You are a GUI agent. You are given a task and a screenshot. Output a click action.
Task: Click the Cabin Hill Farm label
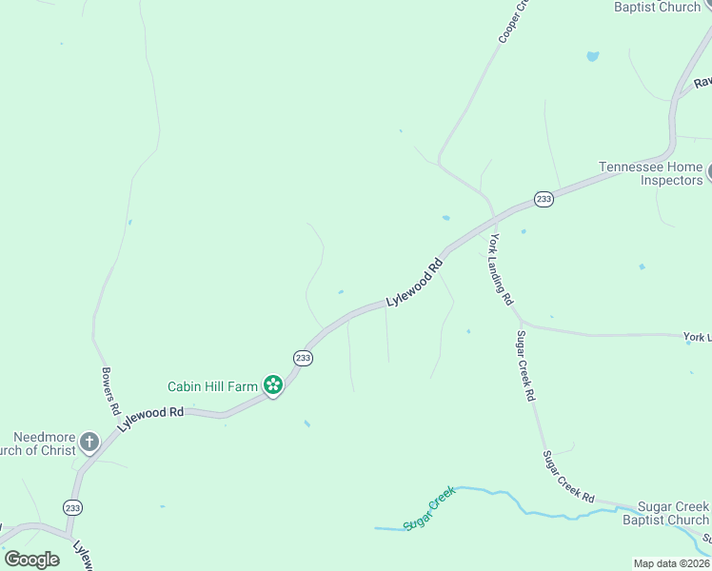click(x=212, y=386)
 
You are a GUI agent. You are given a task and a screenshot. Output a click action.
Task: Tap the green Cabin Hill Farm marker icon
click(x=273, y=385)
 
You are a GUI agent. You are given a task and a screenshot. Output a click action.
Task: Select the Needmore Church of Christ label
click(x=38, y=443)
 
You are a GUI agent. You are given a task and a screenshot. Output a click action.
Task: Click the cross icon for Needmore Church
click(x=89, y=442)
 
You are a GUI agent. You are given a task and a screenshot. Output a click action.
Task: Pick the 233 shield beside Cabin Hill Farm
click(x=303, y=358)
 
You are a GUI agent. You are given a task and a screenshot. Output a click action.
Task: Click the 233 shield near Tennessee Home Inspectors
click(x=543, y=198)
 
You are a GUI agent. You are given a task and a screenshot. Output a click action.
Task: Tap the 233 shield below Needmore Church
click(x=73, y=507)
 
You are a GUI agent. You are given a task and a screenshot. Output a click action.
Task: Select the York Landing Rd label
click(x=502, y=268)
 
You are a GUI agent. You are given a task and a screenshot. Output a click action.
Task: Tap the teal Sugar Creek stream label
click(x=429, y=509)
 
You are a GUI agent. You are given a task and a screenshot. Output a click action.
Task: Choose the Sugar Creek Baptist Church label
click(x=665, y=513)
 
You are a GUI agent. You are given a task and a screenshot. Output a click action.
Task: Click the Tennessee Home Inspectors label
click(x=650, y=173)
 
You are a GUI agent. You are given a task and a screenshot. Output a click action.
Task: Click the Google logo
click(x=31, y=559)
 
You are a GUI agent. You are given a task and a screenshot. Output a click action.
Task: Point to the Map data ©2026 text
click(x=672, y=563)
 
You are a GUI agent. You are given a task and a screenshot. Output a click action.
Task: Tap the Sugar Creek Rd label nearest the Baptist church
click(x=569, y=477)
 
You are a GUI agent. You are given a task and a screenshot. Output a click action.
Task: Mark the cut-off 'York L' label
click(x=697, y=338)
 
